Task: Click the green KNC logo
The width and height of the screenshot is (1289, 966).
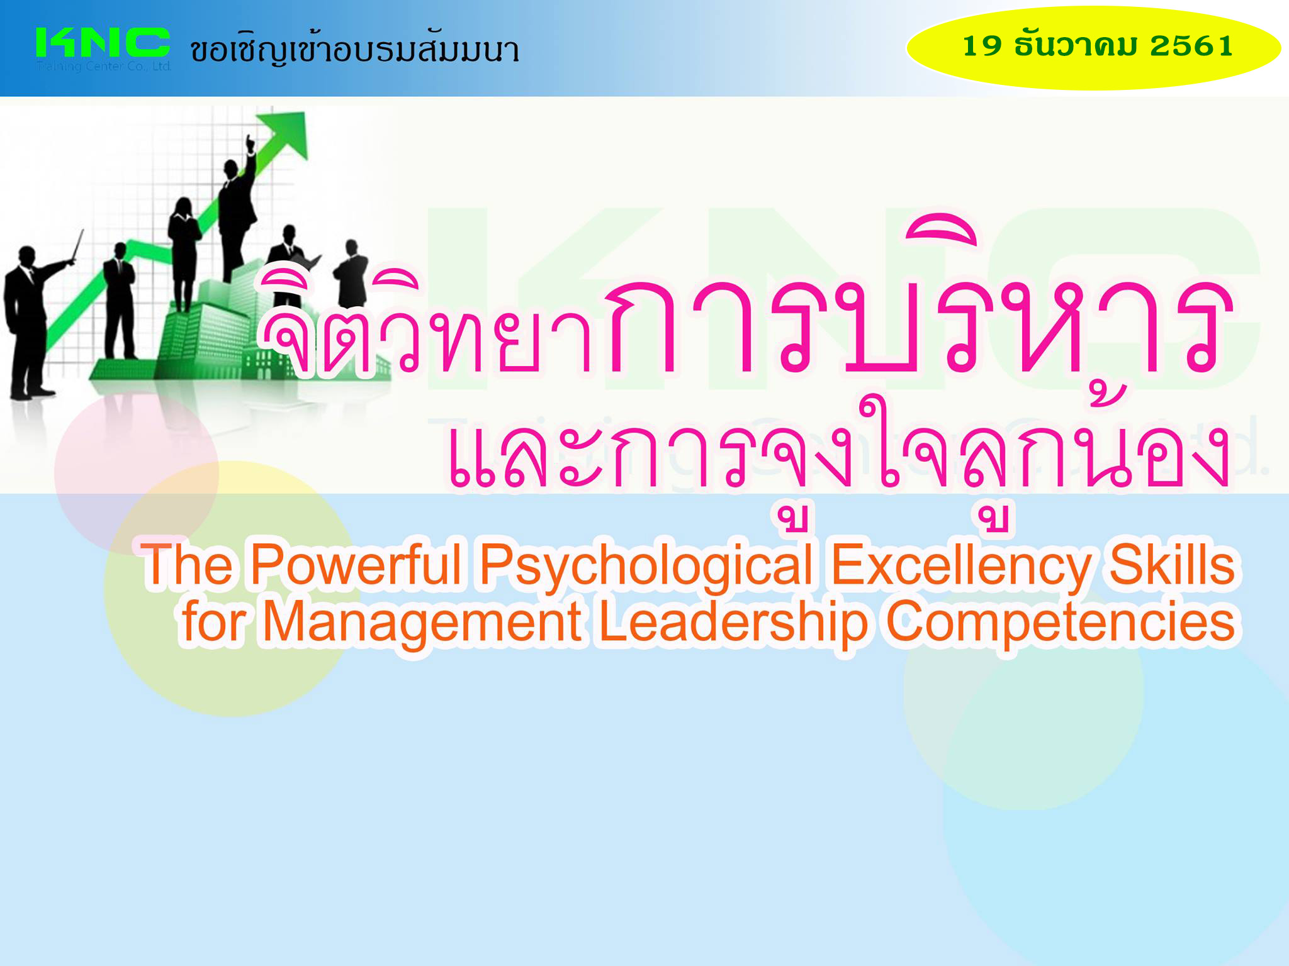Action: coord(103,43)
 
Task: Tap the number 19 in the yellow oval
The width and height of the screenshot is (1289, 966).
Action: coord(982,46)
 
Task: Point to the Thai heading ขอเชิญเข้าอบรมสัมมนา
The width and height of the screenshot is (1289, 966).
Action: coord(355,49)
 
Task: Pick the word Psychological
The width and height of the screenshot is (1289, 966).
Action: coord(646,566)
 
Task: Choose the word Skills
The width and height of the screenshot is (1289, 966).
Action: coord(1171,564)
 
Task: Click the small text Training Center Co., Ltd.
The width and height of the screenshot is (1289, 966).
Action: coord(104,66)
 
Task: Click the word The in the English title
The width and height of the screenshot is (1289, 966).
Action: coord(187,564)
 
